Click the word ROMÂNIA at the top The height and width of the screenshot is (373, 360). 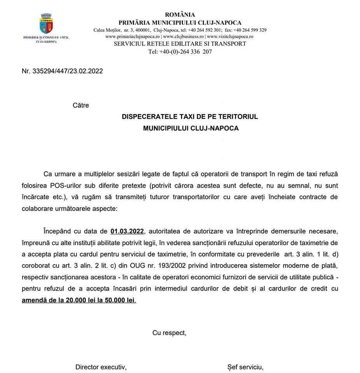[x=180, y=15]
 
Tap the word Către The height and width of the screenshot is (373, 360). [x=81, y=105]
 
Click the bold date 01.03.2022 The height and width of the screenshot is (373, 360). [x=127, y=232]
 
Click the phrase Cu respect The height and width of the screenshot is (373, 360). [x=169, y=333]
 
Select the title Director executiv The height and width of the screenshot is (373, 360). [x=101, y=367]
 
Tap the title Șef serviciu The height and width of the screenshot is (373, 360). [x=245, y=367]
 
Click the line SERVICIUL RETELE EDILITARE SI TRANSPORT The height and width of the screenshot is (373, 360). [x=180, y=44]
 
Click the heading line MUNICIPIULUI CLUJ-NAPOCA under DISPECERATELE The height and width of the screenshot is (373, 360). [x=190, y=128]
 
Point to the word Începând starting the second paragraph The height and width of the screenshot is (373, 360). [x=58, y=232]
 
